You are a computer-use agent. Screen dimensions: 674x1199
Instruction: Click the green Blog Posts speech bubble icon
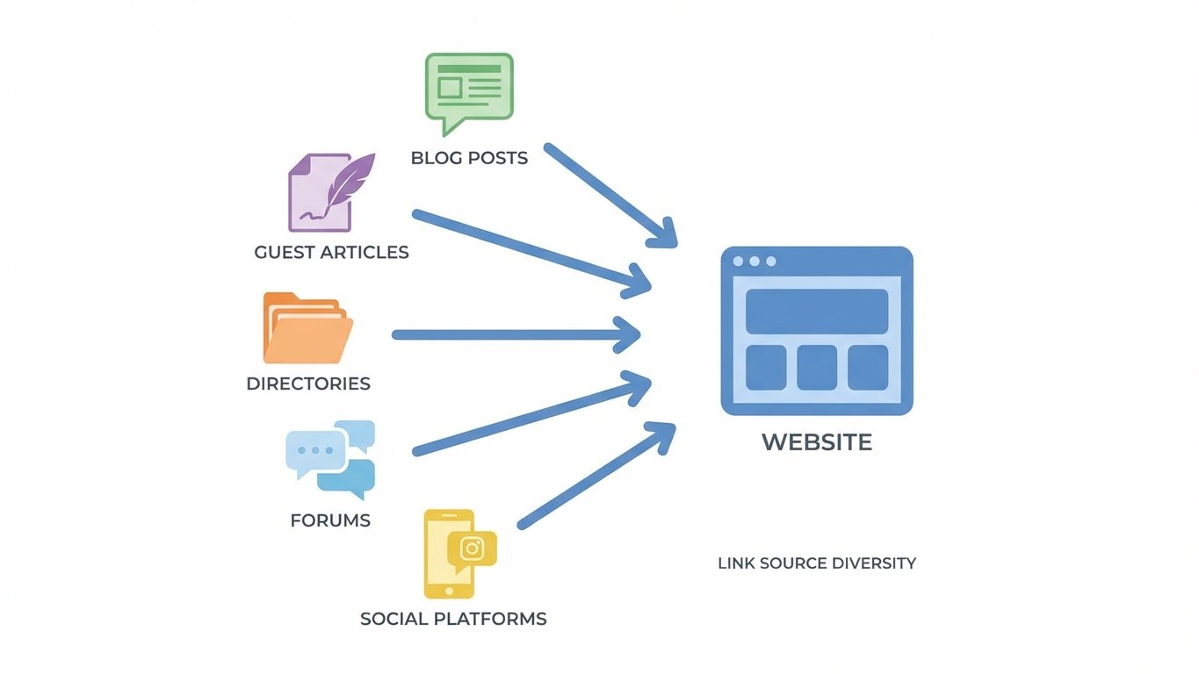[x=468, y=88]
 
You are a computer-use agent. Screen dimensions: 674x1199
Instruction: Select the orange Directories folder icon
[x=307, y=328]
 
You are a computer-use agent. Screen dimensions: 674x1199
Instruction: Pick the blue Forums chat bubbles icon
[x=331, y=458]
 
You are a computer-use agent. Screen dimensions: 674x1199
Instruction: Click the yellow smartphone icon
[x=449, y=553]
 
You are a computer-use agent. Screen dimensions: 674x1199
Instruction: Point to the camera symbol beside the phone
[x=473, y=549]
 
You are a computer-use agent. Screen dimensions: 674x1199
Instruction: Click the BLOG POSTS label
[x=469, y=159]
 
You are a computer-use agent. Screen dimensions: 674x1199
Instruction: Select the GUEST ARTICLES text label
[x=331, y=253]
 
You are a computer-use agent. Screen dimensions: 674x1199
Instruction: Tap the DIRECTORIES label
[x=308, y=384]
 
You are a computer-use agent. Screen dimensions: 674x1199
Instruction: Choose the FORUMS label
[x=330, y=520]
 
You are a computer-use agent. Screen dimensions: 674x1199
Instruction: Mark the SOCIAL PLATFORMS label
[x=453, y=619]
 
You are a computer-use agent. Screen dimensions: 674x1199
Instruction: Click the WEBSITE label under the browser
[x=817, y=441]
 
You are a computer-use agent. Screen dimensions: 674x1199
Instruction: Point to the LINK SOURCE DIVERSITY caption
[x=817, y=563]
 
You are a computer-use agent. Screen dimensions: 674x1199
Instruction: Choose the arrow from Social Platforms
[x=597, y=475]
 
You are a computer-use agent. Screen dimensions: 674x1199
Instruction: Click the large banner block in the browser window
[x=817, y=312]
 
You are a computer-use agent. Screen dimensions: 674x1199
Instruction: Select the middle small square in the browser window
[x=817, y=367]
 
